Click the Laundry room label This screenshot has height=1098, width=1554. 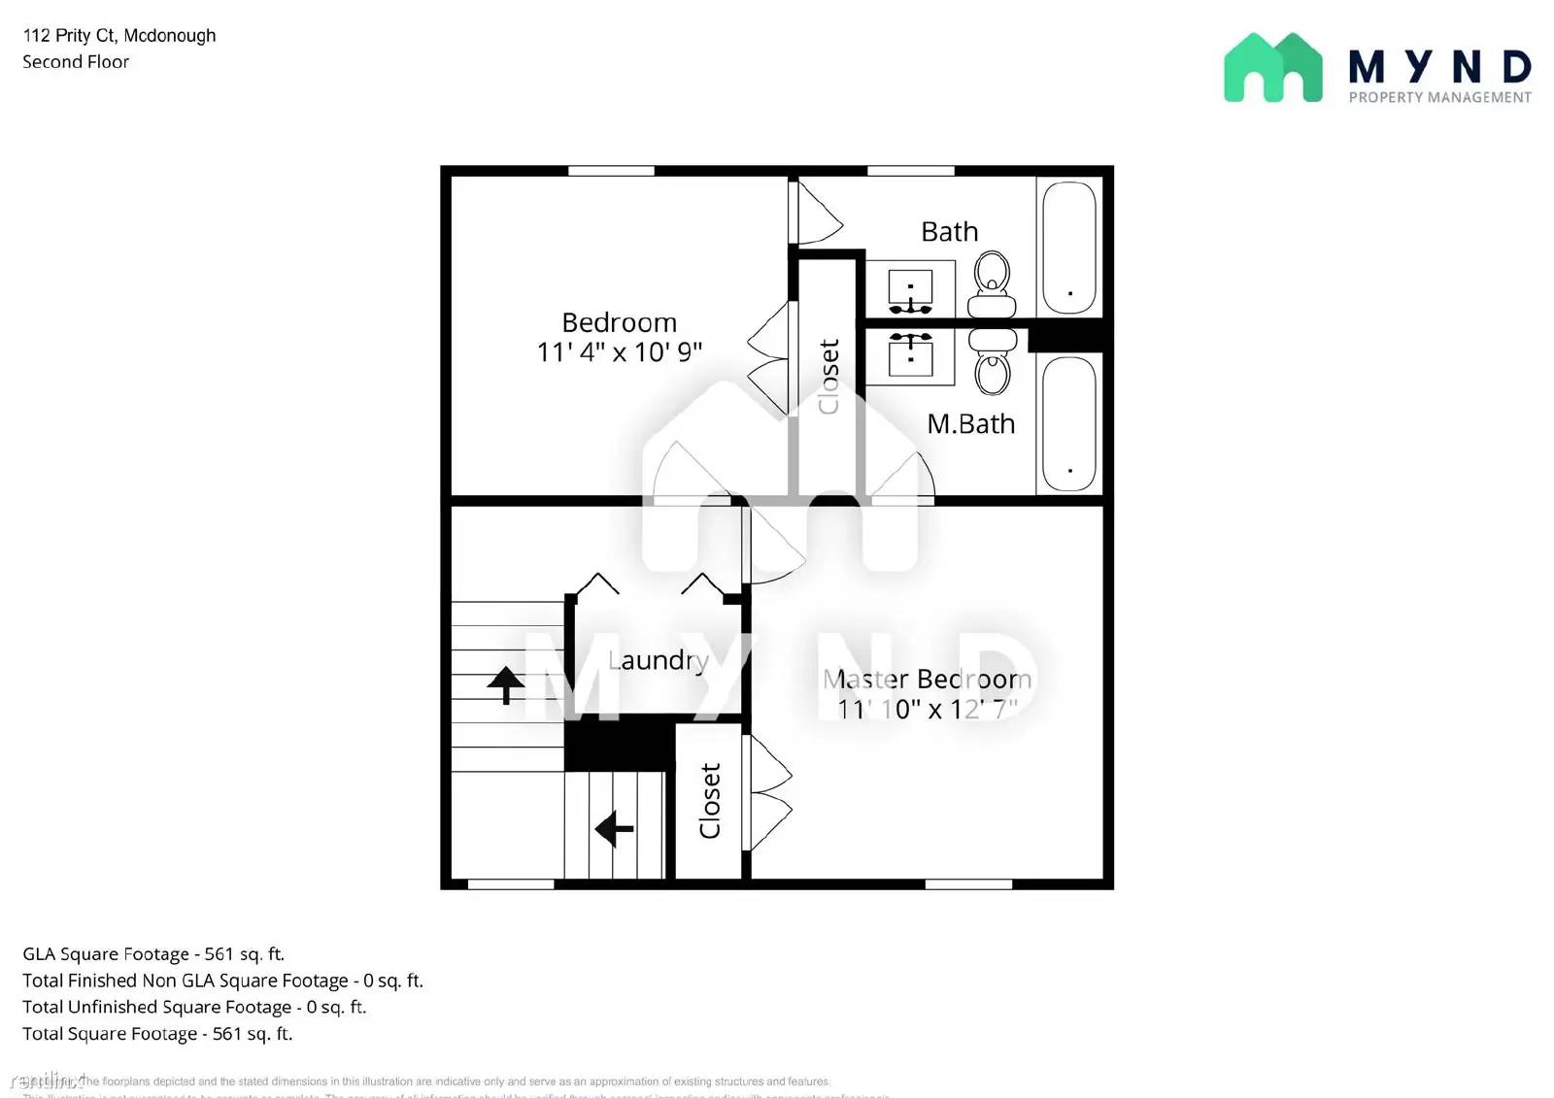click(658, 661)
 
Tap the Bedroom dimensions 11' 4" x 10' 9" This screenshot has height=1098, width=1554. click(619, 351)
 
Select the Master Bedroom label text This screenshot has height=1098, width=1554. click(927, 679)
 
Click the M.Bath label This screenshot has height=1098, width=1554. click(970, 424)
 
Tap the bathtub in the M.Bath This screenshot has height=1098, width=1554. click(1068, 422)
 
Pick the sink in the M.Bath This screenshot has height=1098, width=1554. click(911, 353)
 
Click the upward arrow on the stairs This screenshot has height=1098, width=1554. click(505, 684)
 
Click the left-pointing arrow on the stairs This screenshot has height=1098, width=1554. click(614, 829)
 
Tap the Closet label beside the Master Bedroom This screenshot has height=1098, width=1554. click(710, 800)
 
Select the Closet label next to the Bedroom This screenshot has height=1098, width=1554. click(828, 377)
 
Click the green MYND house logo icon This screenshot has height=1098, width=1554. click(1272, 68)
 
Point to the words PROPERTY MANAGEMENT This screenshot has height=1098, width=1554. click(1439, 97)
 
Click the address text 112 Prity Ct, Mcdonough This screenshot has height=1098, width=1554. click(119, 36)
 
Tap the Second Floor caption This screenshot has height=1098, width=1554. click(76, 62)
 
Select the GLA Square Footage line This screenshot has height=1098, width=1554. click(153, 954)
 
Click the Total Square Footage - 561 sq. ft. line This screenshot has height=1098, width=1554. click(157, 1034)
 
